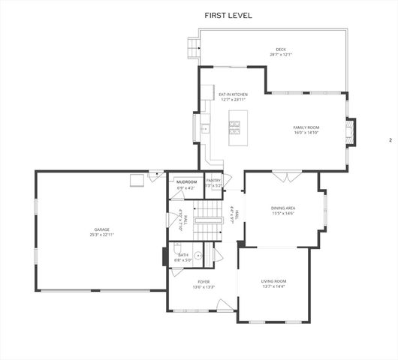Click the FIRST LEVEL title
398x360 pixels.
click(x=228, y=15)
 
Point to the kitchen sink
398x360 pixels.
click(x=204, y=128)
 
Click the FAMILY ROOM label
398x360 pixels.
click(x=306, y=127)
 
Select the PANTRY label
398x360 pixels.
click(x=213, y=181)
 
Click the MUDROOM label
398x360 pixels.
click(x=186, y=182)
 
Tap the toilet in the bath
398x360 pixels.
click(x=179, y=247)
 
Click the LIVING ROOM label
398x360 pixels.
click(x=274, y=280)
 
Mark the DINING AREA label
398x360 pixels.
click(x=283, y=208)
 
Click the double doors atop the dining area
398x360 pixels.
click(x=283, y=178)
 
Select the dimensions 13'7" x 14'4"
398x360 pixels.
click(x=274, y=286)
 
